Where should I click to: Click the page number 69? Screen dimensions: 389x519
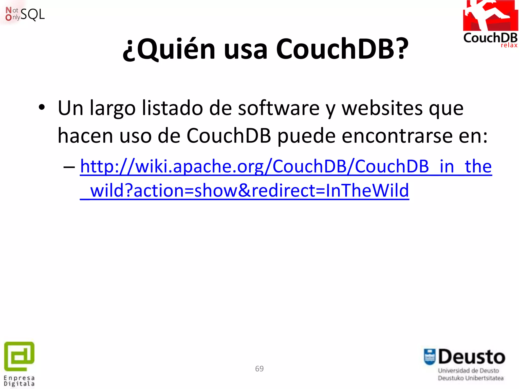click(259, 369)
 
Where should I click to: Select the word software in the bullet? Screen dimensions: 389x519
click(279, 108)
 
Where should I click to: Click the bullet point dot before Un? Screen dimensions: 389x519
click(42, 108)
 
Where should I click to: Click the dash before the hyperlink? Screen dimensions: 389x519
click(69, 167)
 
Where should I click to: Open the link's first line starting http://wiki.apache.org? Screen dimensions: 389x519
click(286, 167)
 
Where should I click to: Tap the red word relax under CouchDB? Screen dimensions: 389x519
click(509, 45)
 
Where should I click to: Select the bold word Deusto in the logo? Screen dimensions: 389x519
click(472, 357)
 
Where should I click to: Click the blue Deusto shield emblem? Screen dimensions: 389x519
click(430, 357)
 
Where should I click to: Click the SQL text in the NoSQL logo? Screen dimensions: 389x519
click(33, 14)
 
